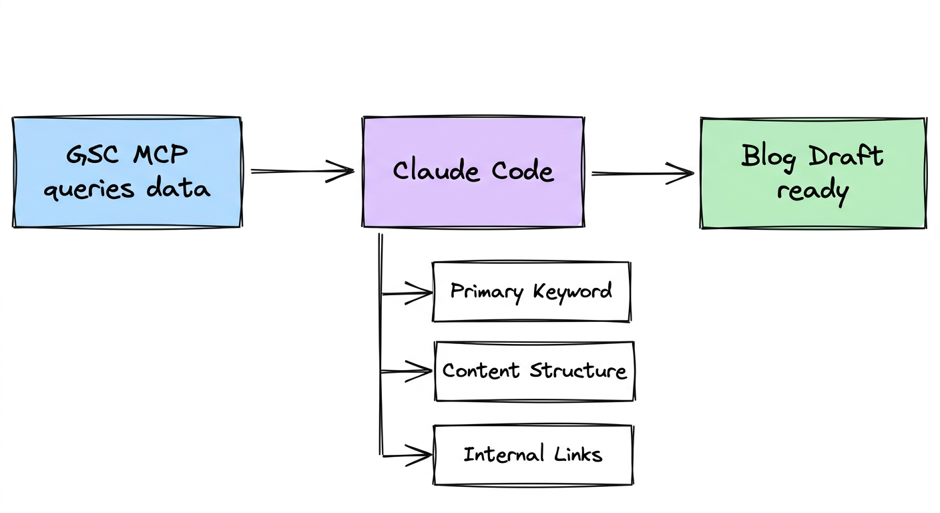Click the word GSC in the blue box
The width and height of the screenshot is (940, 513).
[93, 155]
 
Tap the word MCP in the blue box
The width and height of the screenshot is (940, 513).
[161, 155]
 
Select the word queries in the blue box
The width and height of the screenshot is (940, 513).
[89, 190]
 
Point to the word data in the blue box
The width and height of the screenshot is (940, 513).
[178, 189]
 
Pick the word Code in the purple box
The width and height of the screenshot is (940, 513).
[523, 171]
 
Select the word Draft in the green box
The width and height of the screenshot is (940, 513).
[847, 156]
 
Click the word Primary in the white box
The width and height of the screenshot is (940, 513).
[486, 292]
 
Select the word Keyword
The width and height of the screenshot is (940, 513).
[572, 292]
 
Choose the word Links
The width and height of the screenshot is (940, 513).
[577, 455]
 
